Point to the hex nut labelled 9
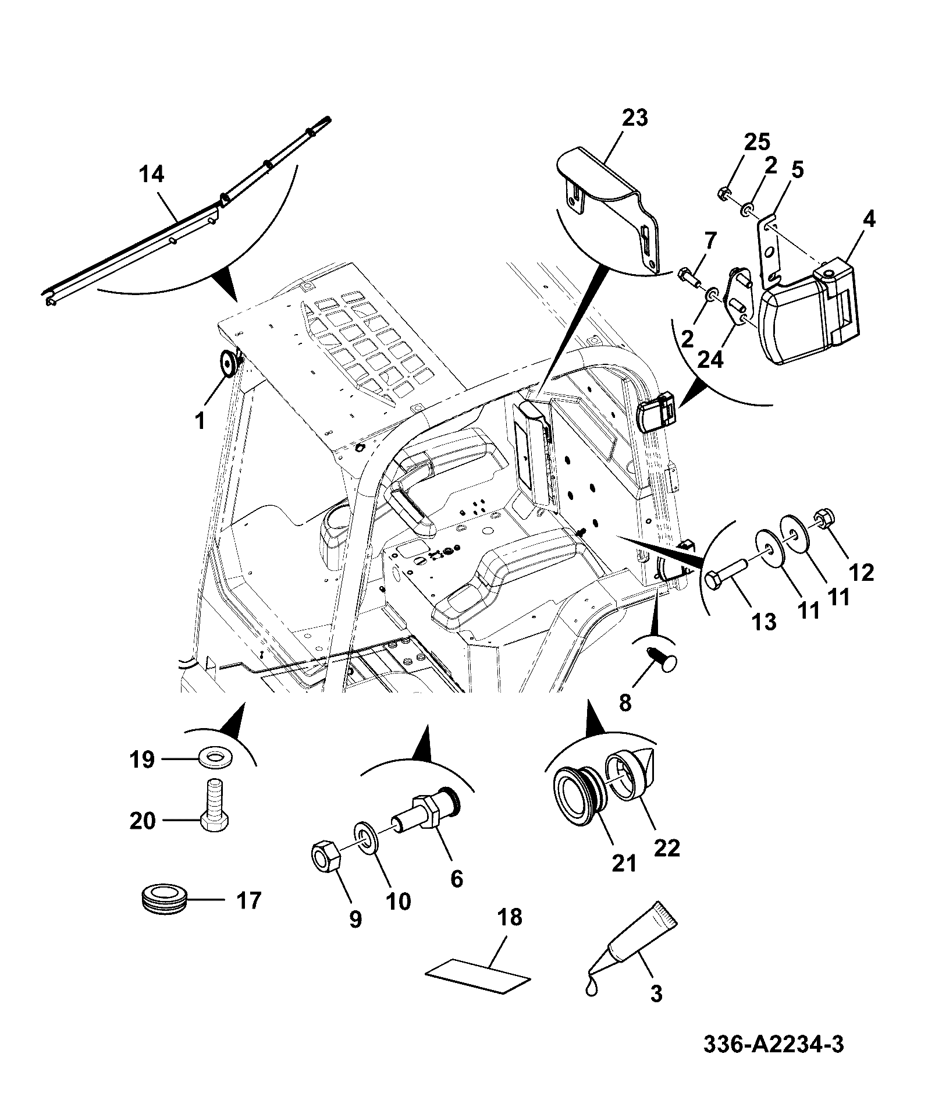[325, 857]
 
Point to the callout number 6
[457, 878]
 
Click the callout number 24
[710, 359]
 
